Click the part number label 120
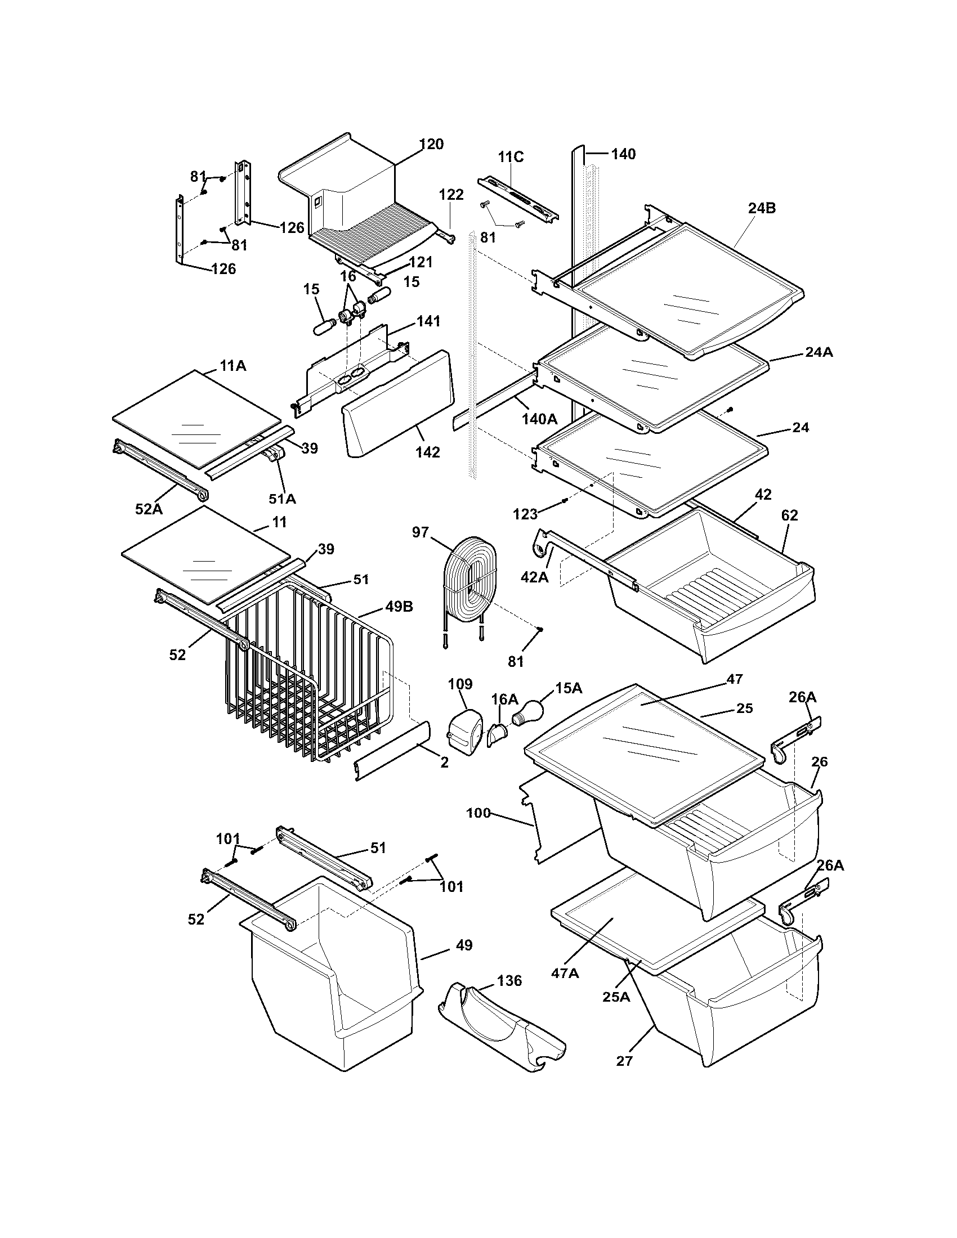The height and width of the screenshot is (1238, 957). click(x=431, y=144)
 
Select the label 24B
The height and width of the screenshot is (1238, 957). click(x=762, y=208)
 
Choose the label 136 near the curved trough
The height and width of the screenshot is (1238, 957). click(x=509, y=981)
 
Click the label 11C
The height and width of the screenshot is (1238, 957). click(x=511, y=157)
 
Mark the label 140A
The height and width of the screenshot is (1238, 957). click(x=540, y=419)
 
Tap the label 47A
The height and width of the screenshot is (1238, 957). click(x=565, y=973)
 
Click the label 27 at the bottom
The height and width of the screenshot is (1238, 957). click(x=624, y=1061)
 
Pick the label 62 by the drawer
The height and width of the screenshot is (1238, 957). click(x=789, y=515)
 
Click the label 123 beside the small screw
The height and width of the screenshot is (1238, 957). click(x=525, y=514)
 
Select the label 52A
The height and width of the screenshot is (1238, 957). click(x=149, y=509)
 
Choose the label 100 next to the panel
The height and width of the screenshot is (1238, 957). click(x=478, y=813)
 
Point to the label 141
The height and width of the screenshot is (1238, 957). click(x=428, y=321)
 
